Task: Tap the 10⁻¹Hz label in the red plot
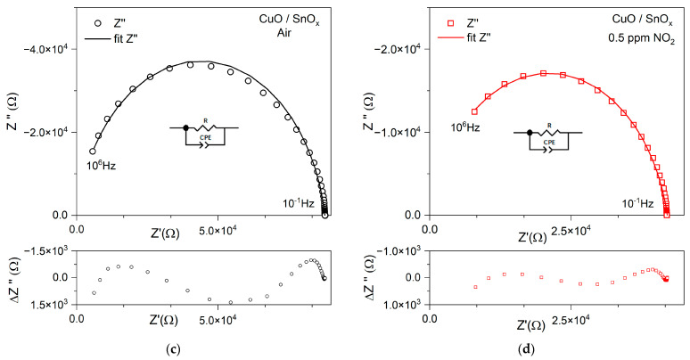click(x=636, y=203)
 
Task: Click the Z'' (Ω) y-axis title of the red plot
click(x=357, y=109)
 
